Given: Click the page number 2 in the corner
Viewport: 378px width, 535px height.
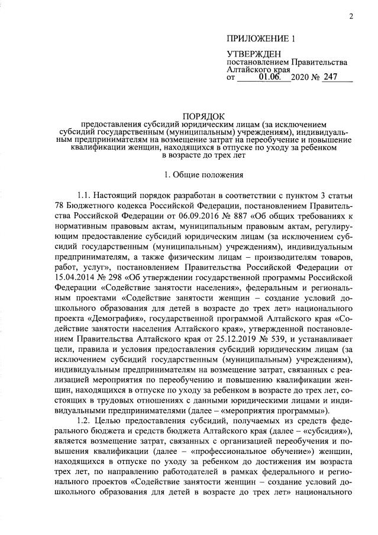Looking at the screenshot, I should click(351, 16).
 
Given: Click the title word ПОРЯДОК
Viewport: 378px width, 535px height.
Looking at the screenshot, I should click(199, 116).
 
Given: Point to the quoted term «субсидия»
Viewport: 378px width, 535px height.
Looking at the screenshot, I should click(329, 430).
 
